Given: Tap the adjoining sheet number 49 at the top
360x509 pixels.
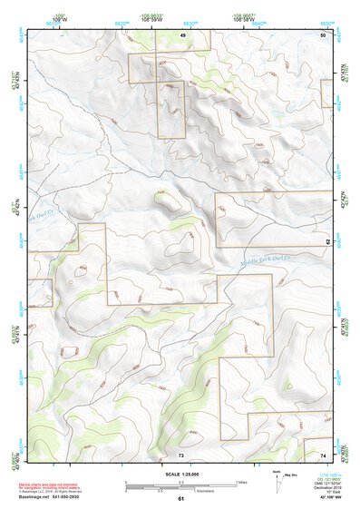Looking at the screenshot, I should tap(182, 34).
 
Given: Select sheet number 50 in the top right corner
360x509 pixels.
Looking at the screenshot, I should tap(323, 34).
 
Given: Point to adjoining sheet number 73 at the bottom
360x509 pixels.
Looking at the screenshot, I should tap(180, 453).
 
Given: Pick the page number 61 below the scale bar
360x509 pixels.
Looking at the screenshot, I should tap(180, 498).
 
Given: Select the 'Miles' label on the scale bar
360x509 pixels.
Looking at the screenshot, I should tap(243, 482).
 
